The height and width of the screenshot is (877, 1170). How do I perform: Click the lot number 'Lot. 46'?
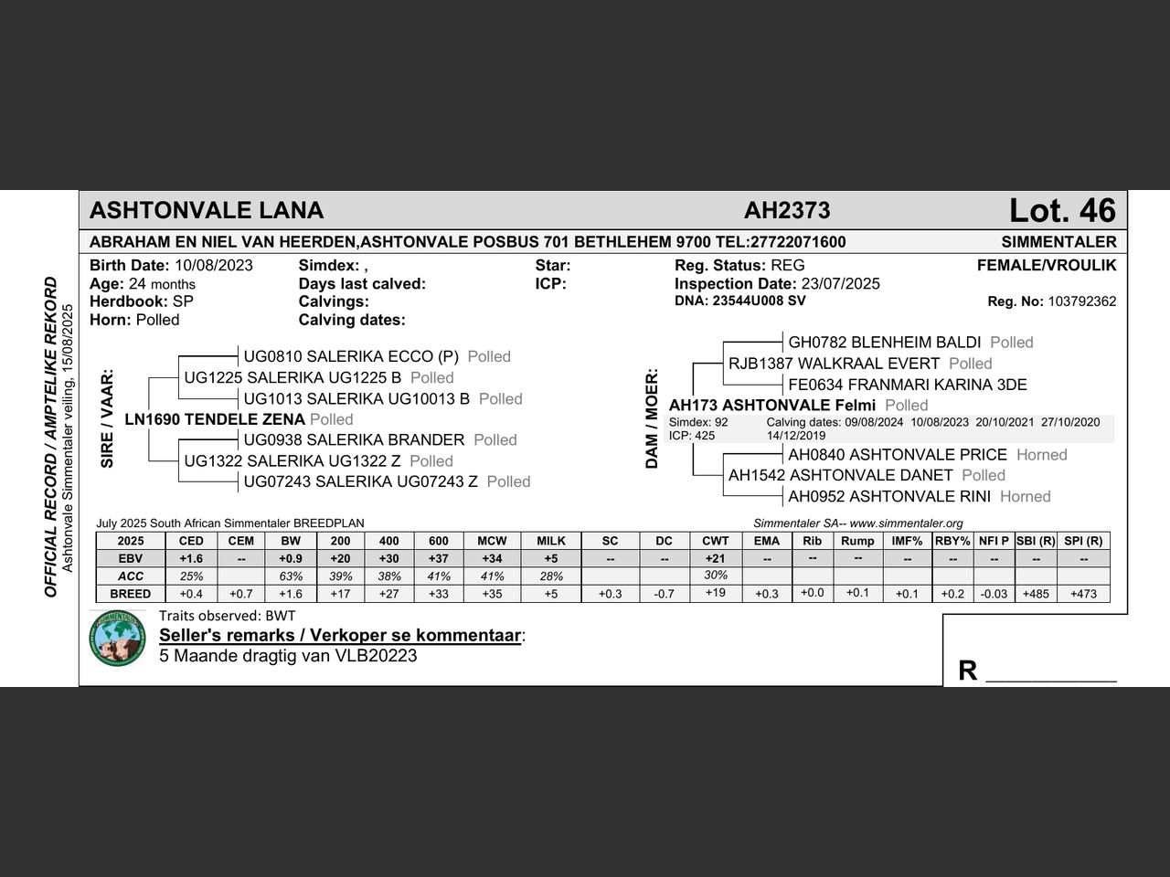click(x=1062, y=211)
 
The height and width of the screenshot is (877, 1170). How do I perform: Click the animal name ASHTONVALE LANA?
click(x=207, y=211)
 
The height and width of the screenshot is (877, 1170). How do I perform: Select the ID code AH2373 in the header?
click(x=787, y=211)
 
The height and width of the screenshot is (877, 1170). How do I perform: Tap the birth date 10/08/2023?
click(x=213, y=266)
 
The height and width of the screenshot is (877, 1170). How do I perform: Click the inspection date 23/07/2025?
click(x=841, y=284)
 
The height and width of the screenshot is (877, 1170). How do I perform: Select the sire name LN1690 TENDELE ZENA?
click(x=215, y=419)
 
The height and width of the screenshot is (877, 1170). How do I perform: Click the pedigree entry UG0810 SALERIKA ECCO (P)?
click(x=351, y=357)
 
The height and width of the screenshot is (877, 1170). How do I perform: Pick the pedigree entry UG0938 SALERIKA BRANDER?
click(x=354, y=440)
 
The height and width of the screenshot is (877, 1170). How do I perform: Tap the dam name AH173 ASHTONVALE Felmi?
click(x=772, y=406)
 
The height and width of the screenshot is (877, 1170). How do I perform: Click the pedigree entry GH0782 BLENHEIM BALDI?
click(x=884, y=343)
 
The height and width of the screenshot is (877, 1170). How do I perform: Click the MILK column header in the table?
click(x=551, y=541)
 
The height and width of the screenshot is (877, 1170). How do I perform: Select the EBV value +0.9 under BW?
click(x=291, y=558)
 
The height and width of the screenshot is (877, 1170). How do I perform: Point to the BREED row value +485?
click(x=1036, y=594)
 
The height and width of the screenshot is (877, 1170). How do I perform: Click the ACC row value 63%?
click(x=291, y=576)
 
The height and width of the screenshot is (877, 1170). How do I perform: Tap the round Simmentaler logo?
click(x=118, y=638)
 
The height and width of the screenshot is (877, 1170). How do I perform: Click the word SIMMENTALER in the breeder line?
click(x=1058, y=242)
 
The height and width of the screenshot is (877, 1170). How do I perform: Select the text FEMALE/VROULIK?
click(x=1047, y=266)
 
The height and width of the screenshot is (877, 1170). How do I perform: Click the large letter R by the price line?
click(x=967, y=671)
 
